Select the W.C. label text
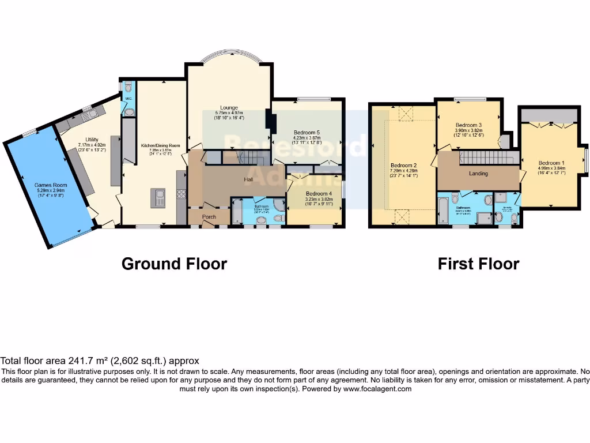click(x=129, y=99)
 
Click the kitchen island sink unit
click(x=158, y=198)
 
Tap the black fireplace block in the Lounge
click(x=270, y=119)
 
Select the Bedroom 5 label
click(x=307, y=132)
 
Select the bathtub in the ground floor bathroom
click(x=237, y=214)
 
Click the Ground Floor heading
click(x=174, y=264)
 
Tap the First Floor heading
click(x=478, y=264)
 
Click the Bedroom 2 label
click(x=403, y=166)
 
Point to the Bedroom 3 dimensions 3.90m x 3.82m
click(x=468, y=130)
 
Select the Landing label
click(x=478, y=174)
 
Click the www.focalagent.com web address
click(x=378, y=389)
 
